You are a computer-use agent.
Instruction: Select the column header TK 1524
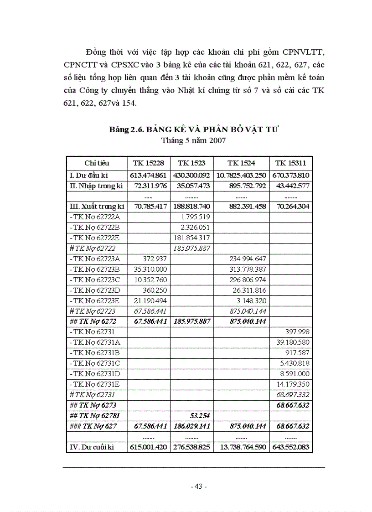tap(241, 163)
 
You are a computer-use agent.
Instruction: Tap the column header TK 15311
tap(290, 163)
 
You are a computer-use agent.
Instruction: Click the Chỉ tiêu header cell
tap(97, 163)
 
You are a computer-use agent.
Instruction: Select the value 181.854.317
tap(191, 238)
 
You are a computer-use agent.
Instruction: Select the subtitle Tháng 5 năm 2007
tap(193, 140)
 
